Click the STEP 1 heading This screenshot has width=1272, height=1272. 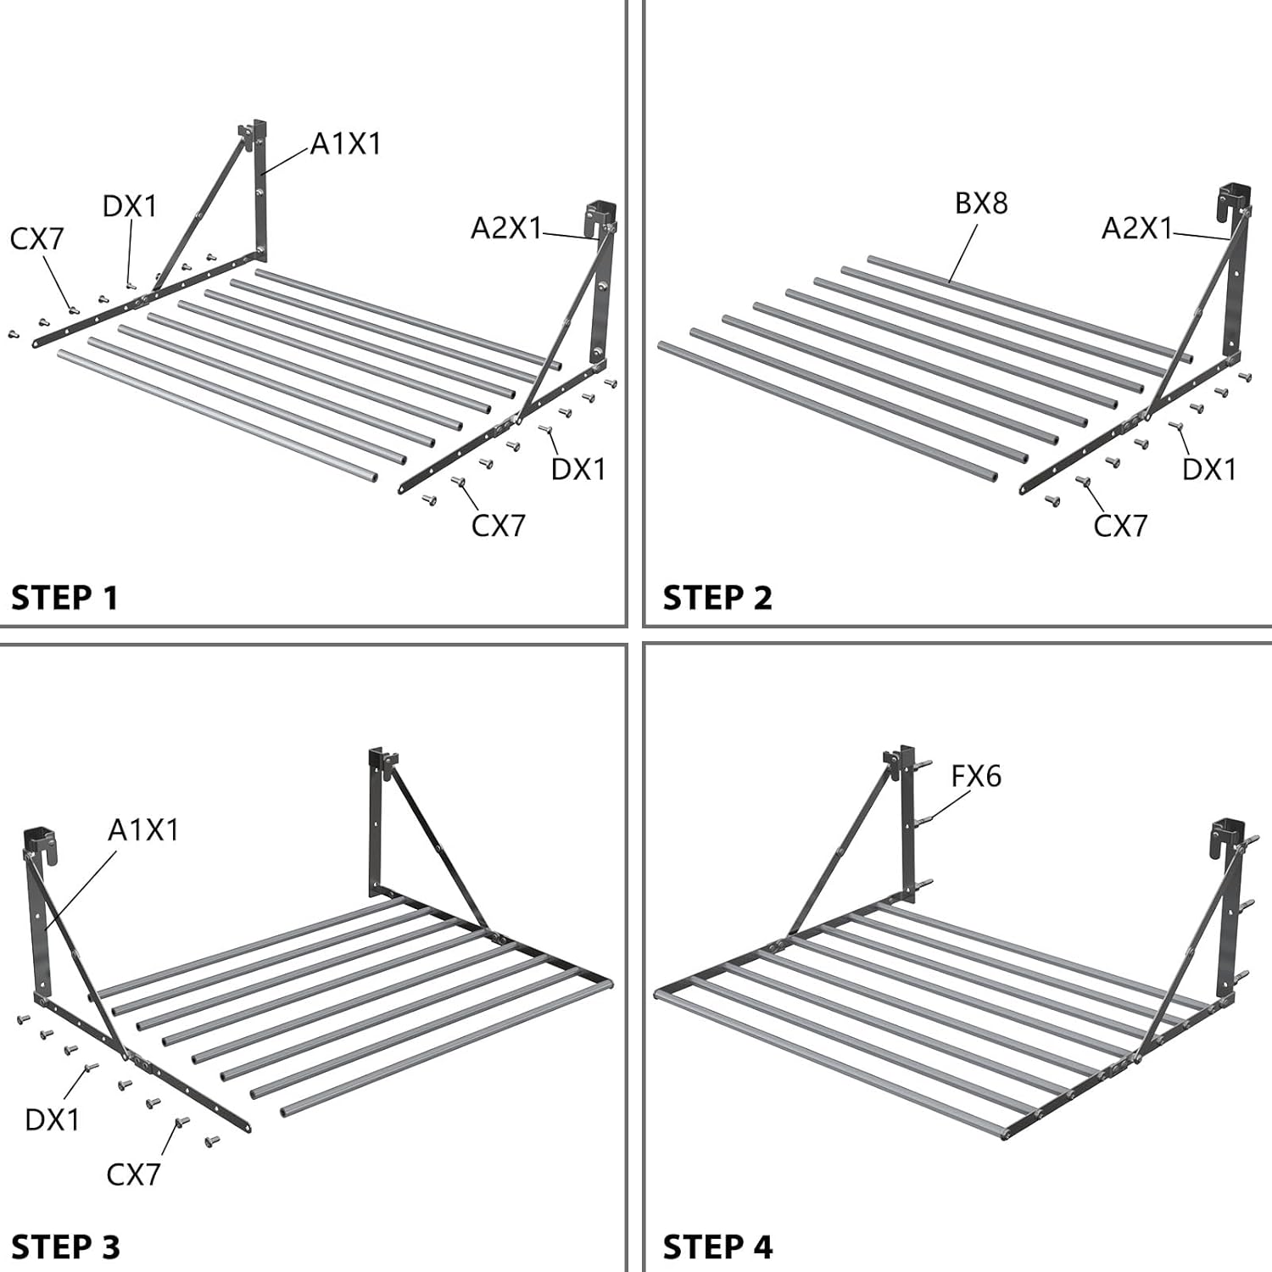(x=64, y=598)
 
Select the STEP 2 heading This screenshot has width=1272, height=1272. (x=717, y=598)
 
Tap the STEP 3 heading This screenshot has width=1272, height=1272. (x=65, y=1247)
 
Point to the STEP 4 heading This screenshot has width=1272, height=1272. (x=717, y=1247)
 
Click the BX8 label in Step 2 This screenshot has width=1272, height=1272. (x=981, y=204)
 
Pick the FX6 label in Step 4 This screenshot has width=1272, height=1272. (x=976, y=776)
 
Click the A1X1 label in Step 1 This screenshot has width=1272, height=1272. (x=345, y=144)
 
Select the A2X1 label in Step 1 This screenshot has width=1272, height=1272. (x=506, y=227)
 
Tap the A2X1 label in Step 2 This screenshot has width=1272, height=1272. (x=1136, y=227)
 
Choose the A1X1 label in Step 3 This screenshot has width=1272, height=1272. (x=143, y=830)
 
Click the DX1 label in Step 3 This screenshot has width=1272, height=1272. (x=52, y=1119)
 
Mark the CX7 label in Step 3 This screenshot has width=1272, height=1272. (x=133, y=1174)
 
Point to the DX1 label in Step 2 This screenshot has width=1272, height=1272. (x=1209, y=469)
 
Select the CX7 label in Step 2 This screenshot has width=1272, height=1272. (x=1120, y=526)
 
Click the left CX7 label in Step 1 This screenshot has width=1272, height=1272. (x=36, y=239)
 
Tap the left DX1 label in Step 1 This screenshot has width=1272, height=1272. (x=130, y=206)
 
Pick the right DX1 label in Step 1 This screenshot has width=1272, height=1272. (x=578, y=469)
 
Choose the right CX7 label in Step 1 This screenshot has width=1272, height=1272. (x=499, y=526)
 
